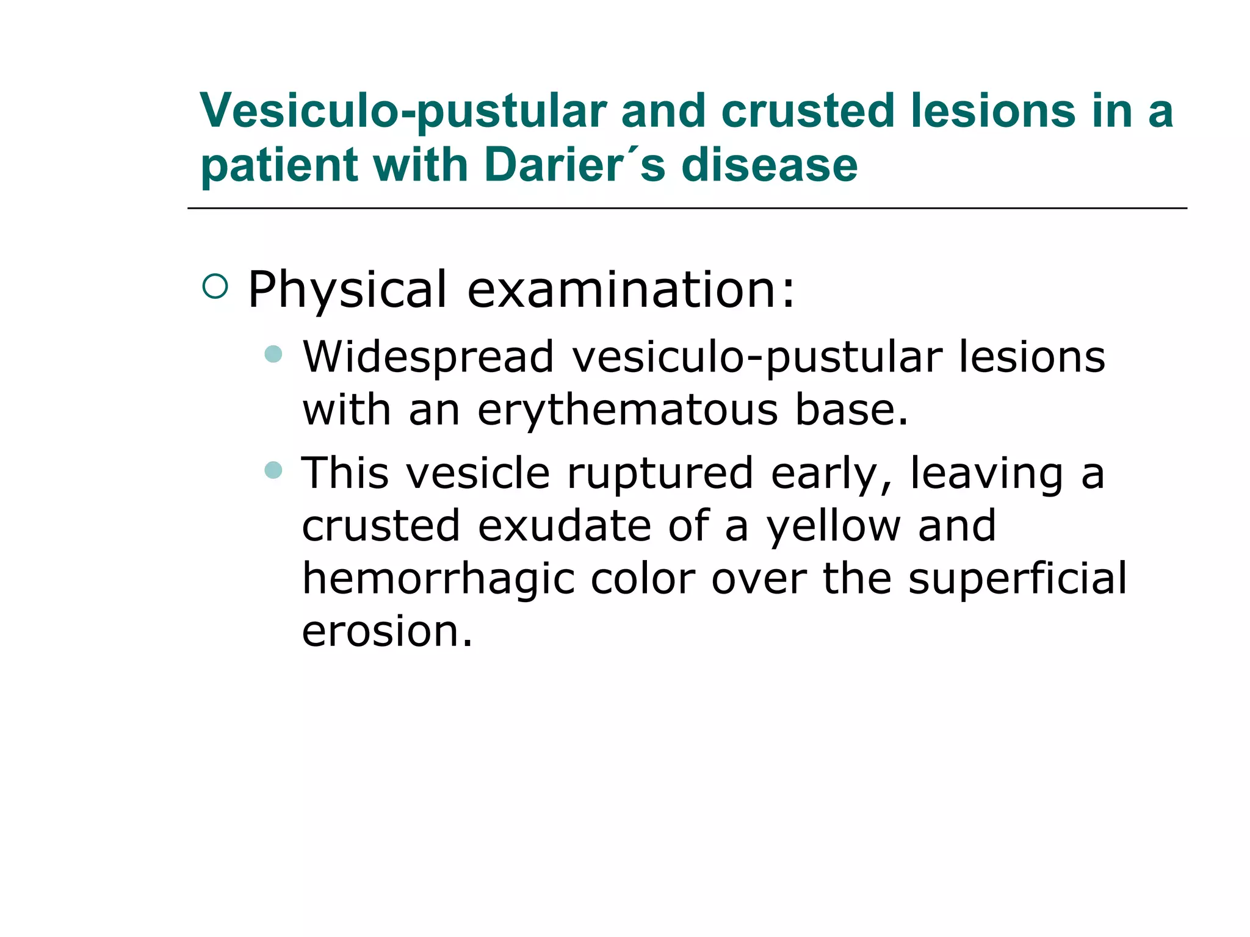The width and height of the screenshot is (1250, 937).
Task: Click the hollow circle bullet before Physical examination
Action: (215, 286)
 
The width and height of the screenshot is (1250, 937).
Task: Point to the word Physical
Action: (348, 290)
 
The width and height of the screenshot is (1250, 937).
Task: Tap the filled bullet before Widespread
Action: (273, 354)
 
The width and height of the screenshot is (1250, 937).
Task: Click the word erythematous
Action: (627, 410)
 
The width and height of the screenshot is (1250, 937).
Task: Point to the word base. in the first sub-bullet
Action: (851, 410)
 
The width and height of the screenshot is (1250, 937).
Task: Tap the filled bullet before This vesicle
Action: (273, 470)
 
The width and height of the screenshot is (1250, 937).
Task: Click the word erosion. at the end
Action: (387, 631)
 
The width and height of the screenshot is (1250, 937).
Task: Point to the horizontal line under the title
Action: (687, 209)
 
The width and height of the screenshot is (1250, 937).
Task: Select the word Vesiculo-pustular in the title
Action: (403, 112)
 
